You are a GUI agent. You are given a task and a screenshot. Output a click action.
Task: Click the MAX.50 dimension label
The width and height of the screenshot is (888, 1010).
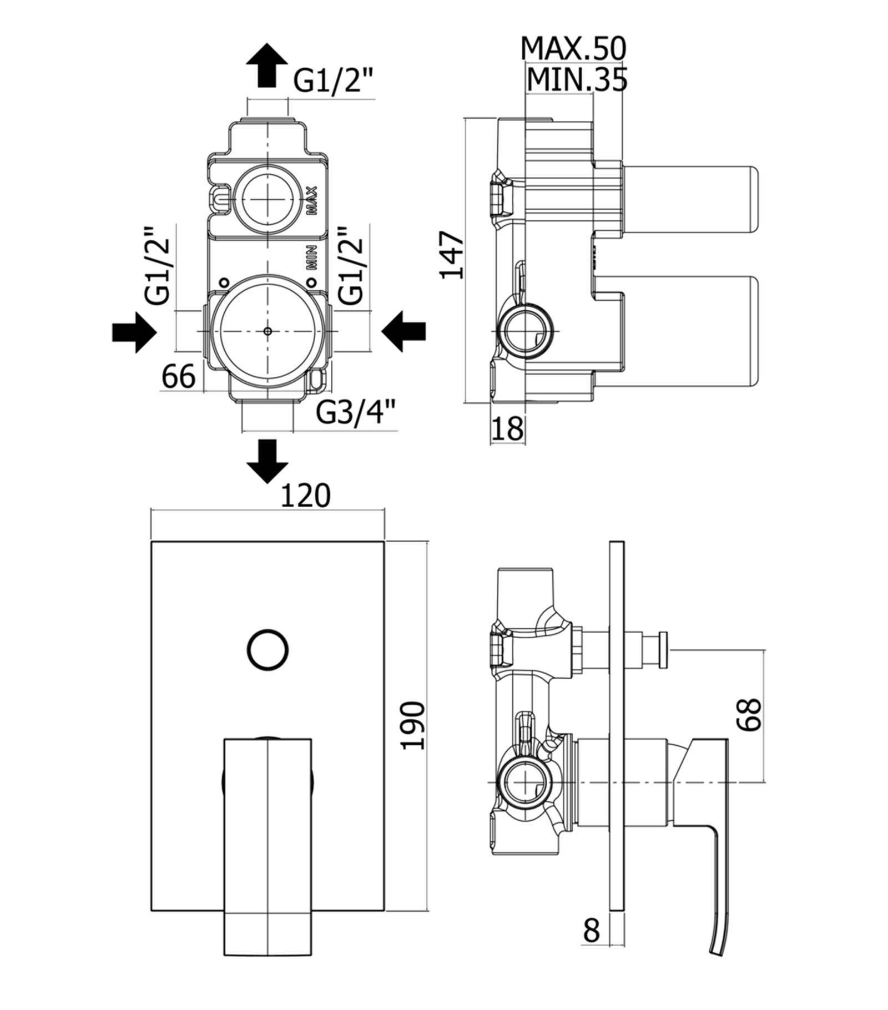[x=573, y=49]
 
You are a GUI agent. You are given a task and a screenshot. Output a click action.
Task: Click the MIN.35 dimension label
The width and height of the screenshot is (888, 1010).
[x=577, y=79]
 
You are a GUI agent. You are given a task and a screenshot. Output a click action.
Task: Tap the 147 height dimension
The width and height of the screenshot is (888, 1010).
[x=452, y=255]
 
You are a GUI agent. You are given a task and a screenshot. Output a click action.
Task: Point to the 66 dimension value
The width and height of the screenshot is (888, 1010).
[x=179, y=376]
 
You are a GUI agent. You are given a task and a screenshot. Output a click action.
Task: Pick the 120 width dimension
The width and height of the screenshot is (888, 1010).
[x=305, y=495]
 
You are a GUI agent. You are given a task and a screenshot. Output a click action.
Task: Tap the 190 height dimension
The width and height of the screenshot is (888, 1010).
[x=414, y=726]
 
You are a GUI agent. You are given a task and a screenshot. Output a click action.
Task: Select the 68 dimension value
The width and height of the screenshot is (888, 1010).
[x=750, y=714]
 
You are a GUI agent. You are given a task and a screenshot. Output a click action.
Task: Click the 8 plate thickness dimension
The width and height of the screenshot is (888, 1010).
[x=592, y=930]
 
